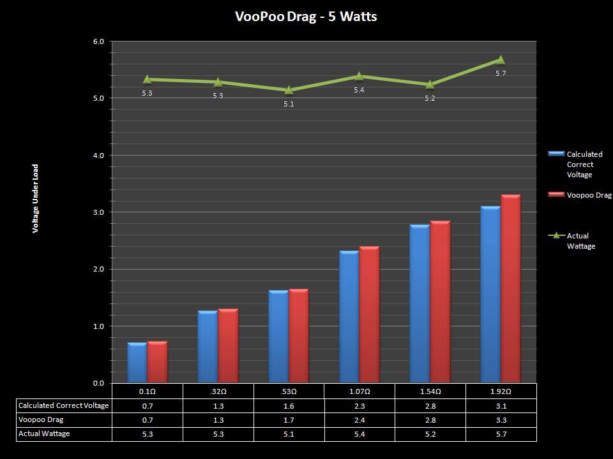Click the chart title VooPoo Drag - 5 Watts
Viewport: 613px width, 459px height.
click(x=306, y=17)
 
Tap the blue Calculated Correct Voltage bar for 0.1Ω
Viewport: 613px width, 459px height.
click(x=137, y=363)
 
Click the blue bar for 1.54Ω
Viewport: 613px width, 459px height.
click(x=420, y=303)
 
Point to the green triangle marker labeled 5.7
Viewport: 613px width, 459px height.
click(x=501, y=60)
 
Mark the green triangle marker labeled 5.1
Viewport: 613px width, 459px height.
click(x=289, y=90)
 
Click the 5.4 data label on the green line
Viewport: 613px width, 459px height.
click(x=359, y=90)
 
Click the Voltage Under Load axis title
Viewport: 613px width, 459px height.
click(x=36, y=198)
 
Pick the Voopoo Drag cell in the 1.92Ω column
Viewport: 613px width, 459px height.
click(x=501, y=419)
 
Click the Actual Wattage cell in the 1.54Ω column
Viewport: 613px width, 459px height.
click(x=430, y=433)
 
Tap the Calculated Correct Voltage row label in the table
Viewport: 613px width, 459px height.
click(x=64, y=405)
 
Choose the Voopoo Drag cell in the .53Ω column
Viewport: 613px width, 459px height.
click(x=289, y=419)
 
